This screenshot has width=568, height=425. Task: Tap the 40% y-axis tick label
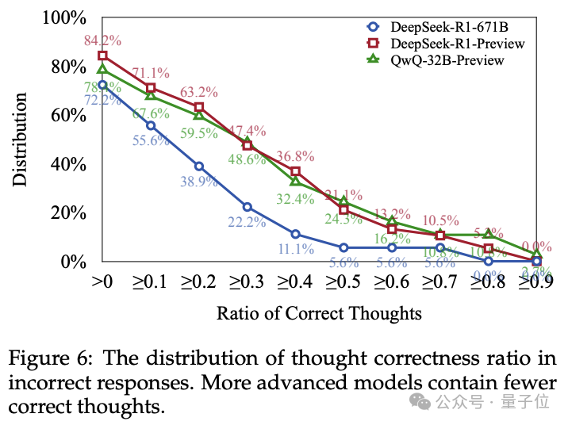tap(70, 164)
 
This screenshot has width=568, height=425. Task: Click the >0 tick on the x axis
tap(102, 280)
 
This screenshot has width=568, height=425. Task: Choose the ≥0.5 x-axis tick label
tap(343, 280)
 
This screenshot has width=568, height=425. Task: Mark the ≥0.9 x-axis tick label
tap(536, 280)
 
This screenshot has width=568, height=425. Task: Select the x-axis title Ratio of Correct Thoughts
tap(319, 313)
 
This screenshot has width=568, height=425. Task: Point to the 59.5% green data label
tap(198, 133)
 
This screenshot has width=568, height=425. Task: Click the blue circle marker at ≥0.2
tap(199, 167)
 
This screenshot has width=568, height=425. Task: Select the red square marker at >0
tap(102, 56)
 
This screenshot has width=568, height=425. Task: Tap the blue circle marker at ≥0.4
tap(295, 234)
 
